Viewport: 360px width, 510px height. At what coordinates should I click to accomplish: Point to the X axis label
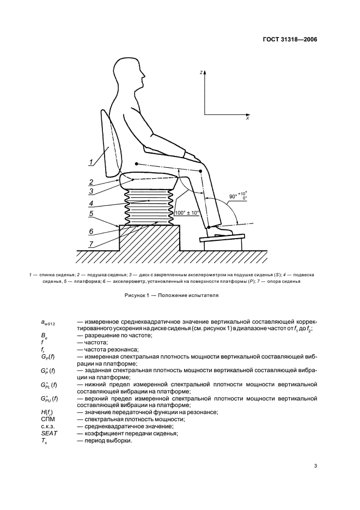248,119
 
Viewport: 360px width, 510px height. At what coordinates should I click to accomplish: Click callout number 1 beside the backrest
91,162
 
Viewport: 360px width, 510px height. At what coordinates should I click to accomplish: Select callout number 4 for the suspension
91,203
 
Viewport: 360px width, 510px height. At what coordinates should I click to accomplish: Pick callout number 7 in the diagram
91,244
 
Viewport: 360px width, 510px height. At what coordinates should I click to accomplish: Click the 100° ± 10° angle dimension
187,212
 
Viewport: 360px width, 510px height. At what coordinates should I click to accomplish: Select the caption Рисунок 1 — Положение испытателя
172,296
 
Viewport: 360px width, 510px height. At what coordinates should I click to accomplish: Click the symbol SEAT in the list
49,433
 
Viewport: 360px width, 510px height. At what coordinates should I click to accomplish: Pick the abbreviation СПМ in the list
47,419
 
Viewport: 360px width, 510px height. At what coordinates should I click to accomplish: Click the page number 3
315,466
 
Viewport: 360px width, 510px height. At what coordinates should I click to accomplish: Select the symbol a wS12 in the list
48,323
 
